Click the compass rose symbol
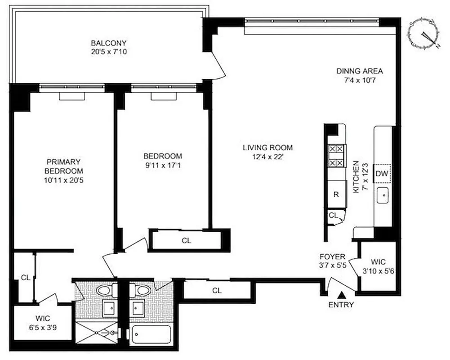[423, 34]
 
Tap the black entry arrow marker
[342, 295]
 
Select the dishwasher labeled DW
[382, 174]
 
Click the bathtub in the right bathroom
[151, 335]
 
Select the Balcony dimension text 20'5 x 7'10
[109, 51]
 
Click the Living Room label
[267, 147]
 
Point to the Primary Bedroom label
[63, 166]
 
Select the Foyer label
[332, 256]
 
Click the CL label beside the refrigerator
[333, 216]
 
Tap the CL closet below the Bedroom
[187, 240]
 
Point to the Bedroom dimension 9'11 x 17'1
[163, 165]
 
